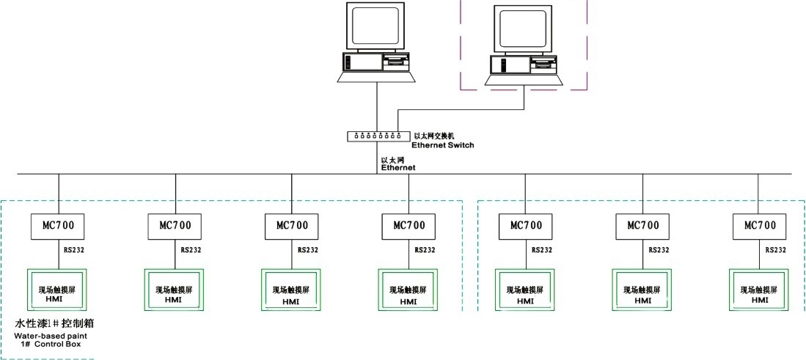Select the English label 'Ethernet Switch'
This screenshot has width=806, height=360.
(x=442, y=145)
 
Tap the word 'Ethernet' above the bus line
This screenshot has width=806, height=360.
(x=398, y=168)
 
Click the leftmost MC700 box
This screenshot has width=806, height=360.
(x=57, y=225)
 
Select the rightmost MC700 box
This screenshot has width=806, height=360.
(x=759, y=225)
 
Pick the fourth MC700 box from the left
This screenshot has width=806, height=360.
(x=409, y=225)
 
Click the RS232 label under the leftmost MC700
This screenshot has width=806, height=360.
(x=73, y=250)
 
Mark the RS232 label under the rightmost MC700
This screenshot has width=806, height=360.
(x=775, y=250)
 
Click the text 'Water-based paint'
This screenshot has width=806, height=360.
(x=49, y=335)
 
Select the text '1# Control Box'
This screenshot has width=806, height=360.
(x=51, y=343)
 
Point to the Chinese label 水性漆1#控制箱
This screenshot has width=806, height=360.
(x=55, y=323)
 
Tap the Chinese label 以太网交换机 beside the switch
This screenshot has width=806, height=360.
(x=436, y=136)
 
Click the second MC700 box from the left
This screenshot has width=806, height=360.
(x=175, y=225)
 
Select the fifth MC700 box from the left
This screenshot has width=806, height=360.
(x=525, y=225)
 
